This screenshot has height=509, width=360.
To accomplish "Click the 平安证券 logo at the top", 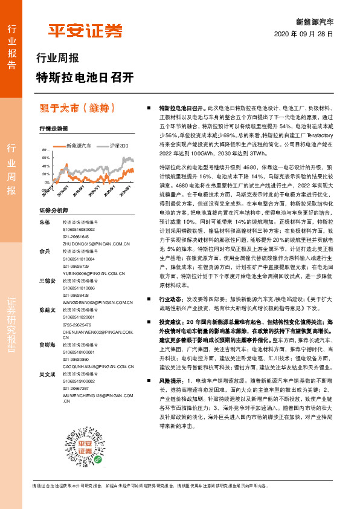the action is pos(85,30).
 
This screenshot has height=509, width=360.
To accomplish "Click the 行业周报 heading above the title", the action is pos(58,59).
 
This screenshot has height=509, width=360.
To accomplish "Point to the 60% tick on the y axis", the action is pos(46,157).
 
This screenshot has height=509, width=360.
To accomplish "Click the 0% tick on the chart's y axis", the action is pos(47,182).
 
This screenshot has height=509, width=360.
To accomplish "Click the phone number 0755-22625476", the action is pos(78,324).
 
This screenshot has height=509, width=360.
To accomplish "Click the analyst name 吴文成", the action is pos(47,375).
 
